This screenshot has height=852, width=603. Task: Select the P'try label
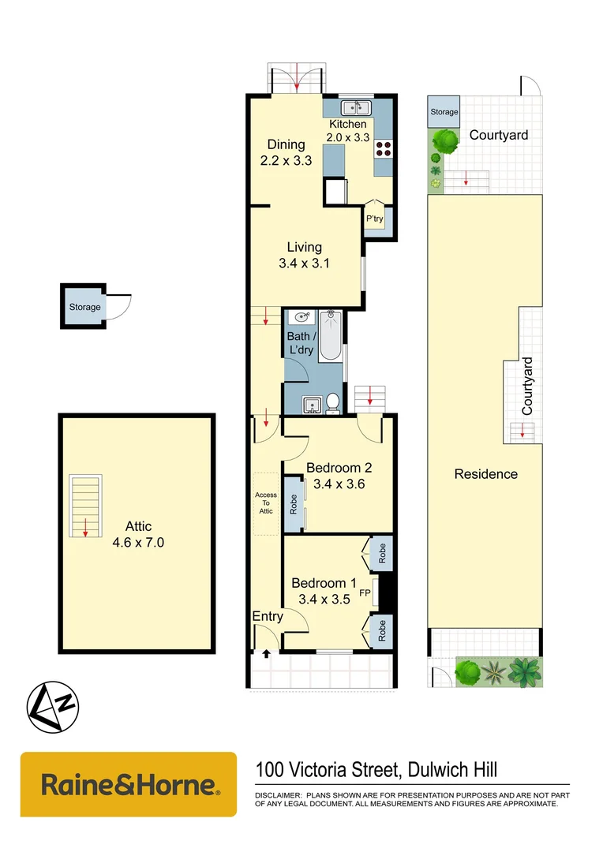pyautogui.click(x=374, y=219)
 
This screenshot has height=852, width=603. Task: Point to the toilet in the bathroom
pyautogui.click(x=333, y=402)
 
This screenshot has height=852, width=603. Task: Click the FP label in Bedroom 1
pyautogui.click(x=365, y=592)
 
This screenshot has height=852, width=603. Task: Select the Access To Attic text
pyautogui.click(x=266, y=503)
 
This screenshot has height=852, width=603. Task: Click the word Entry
pyautogui.click(x=267, y=616)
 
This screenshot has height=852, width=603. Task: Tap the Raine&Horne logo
pyautogui.click(x=129, y=784)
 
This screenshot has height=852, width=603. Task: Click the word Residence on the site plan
pyautogui.click(x=485, y=473)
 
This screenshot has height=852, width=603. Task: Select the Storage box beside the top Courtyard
pyautogui.click(x=444, y=112)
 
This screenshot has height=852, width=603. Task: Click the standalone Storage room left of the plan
pyautogui.click(x=84, y=306)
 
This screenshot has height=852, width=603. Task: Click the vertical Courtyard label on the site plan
pyautogui.click(x=527, y=387)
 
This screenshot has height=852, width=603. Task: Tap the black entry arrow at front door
pyautogui.click(x=265, y=652)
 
